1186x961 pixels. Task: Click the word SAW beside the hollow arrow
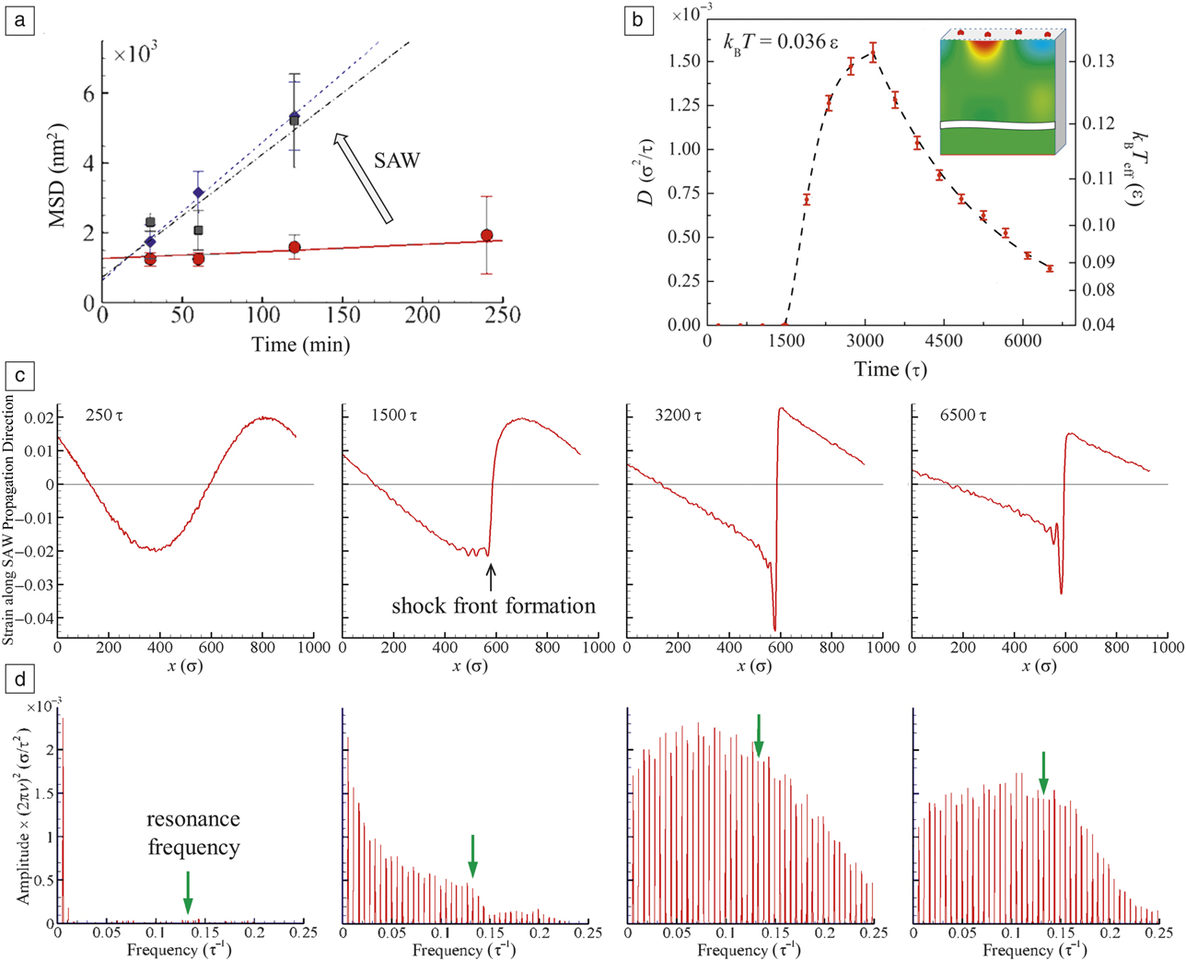pyautogui.click(x=396, y=160)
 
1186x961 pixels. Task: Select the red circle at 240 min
pyautogui.click(x=486, y=236)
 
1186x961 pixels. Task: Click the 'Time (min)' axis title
pyautogui.click(x=300, y=345)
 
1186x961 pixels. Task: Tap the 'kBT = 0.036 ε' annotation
pyautogui.click(x=779, y=42)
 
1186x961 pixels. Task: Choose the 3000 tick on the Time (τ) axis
pyautogui.click(x=866, y=341)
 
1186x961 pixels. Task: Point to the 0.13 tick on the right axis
pyautogui.click(x=1098, y=61)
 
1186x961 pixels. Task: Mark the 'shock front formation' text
pyautogui.click(x=494, y=606)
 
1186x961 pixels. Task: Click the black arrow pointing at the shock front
pyautogui.click(x=491, y=576)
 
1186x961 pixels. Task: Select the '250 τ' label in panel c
pyautogui.click(x=103, y=416)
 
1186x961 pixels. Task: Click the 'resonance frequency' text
pyautogui.click(x=193, y=833)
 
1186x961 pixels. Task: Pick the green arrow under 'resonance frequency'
pyautogui.click(x=188, y=892)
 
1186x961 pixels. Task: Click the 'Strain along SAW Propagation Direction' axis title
pyautogui.click(x=10, y=520)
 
